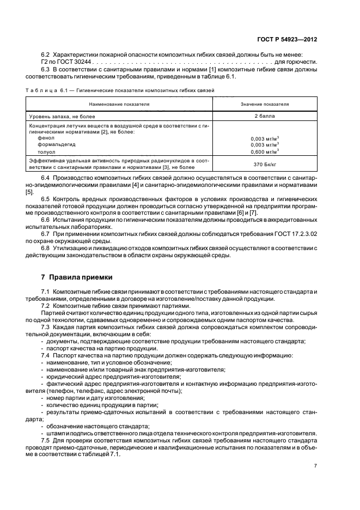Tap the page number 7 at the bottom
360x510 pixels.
click(315, 465)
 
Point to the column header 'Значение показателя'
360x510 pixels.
click(264, 103)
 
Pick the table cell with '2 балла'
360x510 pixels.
click(264, 116)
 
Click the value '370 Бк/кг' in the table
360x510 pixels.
click(264, 164)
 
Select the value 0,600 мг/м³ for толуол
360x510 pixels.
click(264, 151)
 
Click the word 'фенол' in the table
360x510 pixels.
click(46, 138)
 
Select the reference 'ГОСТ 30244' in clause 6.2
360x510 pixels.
click(65, 62)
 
